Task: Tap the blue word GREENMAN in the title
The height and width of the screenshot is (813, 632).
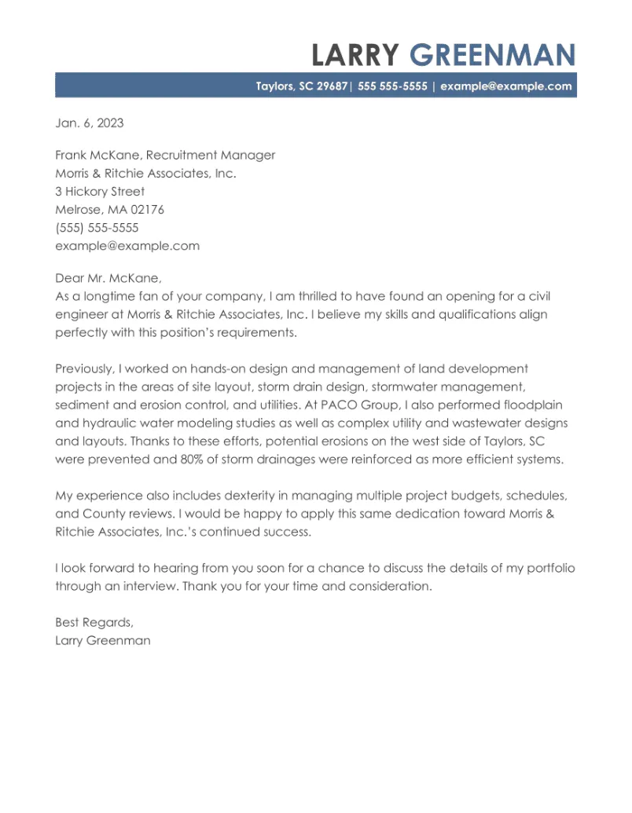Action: [x=493, y=56]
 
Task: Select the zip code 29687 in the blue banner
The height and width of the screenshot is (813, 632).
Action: [x=332, y=86]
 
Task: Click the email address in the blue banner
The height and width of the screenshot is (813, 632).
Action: [x=505, y=86]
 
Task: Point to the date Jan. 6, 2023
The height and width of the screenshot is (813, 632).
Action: [x=89, y=123]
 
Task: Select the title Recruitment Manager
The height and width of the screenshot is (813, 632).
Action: [x=211, y=156]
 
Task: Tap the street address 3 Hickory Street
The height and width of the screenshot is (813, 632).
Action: [x=100, y=192]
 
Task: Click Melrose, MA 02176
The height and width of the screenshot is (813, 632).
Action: [x=109, y=210]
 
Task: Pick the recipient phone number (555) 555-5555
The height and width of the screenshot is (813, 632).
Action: [x=97, y=228]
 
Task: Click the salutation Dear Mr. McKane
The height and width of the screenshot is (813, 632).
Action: [x=108, y=278]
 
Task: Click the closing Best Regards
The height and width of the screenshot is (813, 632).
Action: [x=94, y=622]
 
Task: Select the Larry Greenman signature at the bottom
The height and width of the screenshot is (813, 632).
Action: [x=102, y=640]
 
